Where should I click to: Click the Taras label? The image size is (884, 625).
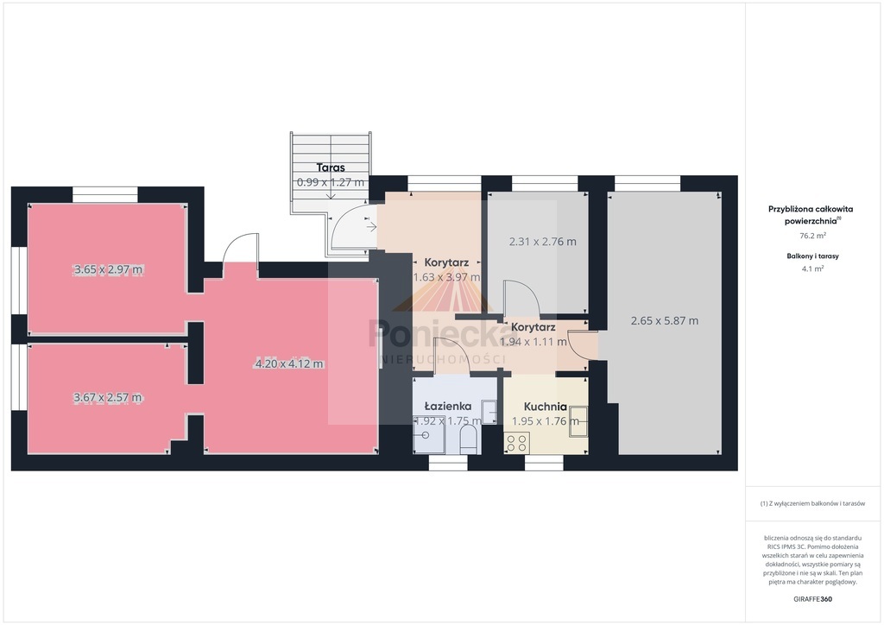(x=331, y=167)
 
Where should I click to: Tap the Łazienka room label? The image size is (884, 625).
(x=448, y=406)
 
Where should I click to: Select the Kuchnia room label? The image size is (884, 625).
(x=546, y=407)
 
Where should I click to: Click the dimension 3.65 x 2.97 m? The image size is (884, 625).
(x=108, y=269)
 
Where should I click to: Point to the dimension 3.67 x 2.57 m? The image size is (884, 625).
(x=108, y=397)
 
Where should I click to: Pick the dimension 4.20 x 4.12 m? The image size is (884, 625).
(x=289, y=363)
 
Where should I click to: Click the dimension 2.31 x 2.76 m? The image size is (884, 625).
(x=542, y=241)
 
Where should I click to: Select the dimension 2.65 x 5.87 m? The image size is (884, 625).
(x=664, y=320)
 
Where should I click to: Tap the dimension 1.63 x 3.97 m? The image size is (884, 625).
(x=446, y=277)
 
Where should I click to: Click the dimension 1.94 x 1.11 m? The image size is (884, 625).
(x=534, y=342)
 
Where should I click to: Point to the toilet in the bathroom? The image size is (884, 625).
(x=469, y=440)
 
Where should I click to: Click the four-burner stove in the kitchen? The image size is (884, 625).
(x=516, y=442)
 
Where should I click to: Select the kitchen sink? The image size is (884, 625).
(x=578, y=420)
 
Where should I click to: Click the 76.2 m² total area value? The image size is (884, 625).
(x=812, y=236)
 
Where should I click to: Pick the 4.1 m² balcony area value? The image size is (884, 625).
(x=812, y=268)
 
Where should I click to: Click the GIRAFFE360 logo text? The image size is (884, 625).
(x=812, y=599)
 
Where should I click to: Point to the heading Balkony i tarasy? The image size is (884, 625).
(x=812, y=256)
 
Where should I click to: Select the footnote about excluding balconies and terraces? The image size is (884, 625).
(x=812, y=503)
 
